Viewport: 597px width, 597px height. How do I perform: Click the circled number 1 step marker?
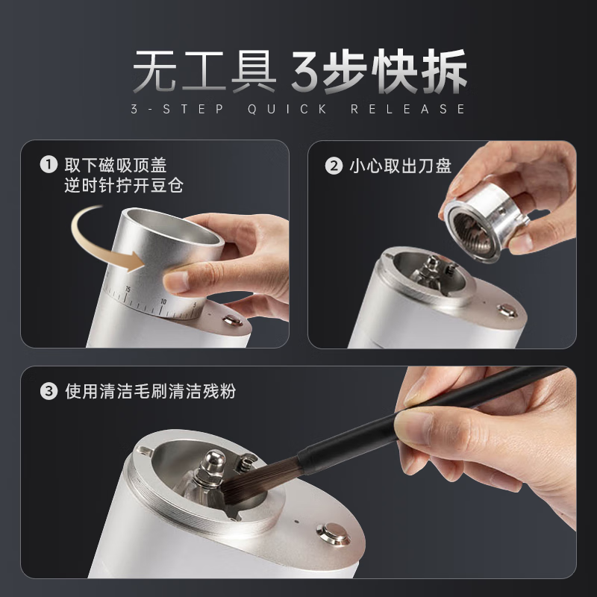click(x=49, y=165)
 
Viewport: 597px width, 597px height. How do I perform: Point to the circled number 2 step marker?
click(x=334, y=165)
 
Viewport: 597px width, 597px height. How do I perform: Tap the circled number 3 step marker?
click(x=49, y=391)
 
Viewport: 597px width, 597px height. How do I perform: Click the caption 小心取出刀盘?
click(x=400, y=165)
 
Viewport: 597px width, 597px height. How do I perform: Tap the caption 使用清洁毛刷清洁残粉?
click(x=151, y=391)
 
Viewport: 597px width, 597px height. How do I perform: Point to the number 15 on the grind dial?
click(x=128, y=290)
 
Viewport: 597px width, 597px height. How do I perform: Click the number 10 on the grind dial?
click(x=163, y=302)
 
